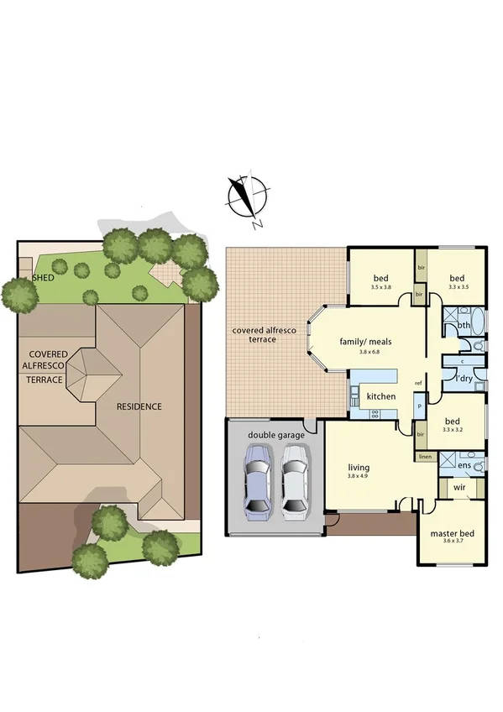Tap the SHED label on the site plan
pos(42,277)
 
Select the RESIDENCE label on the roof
pos(139,406)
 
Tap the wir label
pos(459,487)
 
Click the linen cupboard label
pos(426,457)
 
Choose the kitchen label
pos(381,395)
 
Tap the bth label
pos(464,326)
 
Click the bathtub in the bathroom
pos(477,322)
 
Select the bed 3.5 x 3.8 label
pos(380,282)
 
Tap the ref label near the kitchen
pos(417,384)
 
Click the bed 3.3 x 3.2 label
pos(452,425)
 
